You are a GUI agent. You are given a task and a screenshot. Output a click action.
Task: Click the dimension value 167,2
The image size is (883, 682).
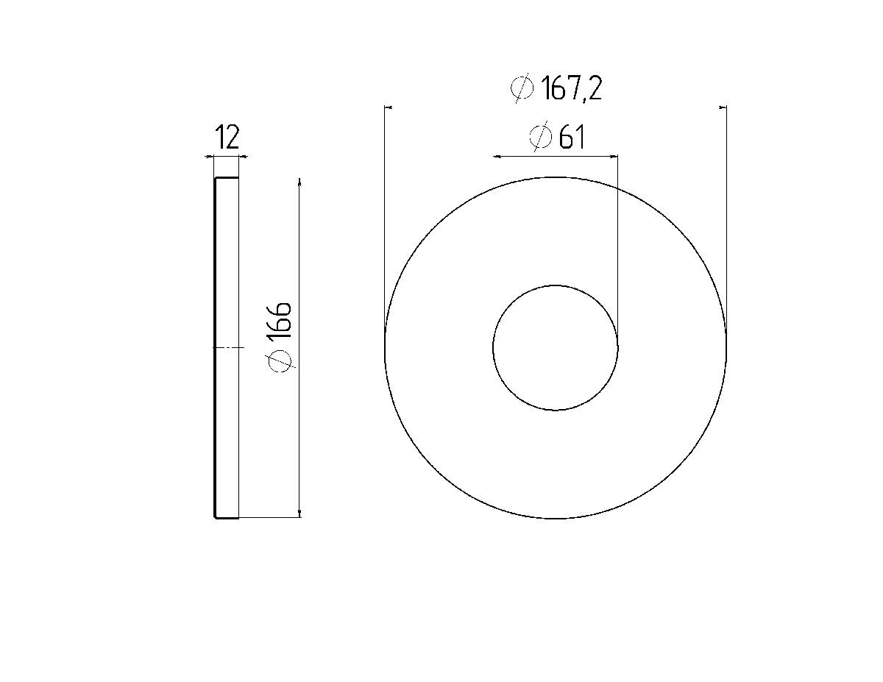(x=571, y=88)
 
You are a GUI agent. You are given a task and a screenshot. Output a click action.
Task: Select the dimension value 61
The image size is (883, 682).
(x=571, y=138)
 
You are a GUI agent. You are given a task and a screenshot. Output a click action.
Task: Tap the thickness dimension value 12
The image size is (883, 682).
(x=227, y=137)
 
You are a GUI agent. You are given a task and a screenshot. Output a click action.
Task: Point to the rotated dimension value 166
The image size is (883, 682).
(x=279, y=320)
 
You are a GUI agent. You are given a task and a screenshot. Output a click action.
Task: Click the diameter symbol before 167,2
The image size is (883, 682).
(x=522, y=88)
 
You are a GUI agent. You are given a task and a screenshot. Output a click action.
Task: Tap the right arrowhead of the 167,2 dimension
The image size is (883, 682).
(x=722, y=107)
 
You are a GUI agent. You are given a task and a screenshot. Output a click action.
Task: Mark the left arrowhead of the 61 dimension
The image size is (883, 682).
(x=497, y=156)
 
